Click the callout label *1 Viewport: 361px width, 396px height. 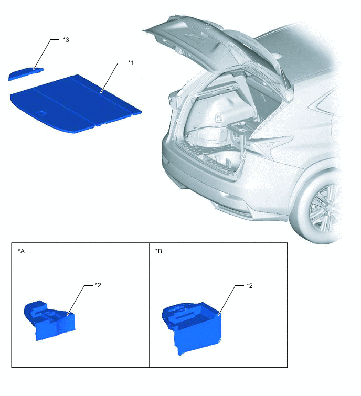[x=131, y=63]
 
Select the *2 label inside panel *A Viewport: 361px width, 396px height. [x=98, y=285]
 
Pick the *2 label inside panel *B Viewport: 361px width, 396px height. [x=250, y=285]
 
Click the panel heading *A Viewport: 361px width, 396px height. [x=22, y=251]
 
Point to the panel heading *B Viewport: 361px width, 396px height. [x=159, y=251]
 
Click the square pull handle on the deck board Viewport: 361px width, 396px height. [x=40, y=113]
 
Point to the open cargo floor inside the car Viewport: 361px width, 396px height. [x=210, y=142]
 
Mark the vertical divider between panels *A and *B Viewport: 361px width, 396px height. [x=150, y=304]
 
